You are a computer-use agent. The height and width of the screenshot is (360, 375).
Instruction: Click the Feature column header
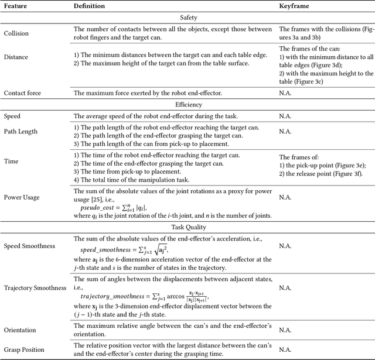tap(17, 5)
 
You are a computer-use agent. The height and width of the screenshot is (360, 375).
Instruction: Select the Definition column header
tap(89, 5)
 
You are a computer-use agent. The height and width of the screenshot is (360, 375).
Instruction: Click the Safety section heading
tap(187, 18)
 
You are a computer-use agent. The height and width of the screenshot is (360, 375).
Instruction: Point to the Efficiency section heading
tap(187, 105)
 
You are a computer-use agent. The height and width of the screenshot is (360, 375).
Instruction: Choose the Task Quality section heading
tap(187, 227)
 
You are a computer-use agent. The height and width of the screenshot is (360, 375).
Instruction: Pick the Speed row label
tap(13, 116)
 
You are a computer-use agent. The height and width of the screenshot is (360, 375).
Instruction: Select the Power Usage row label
tap(22, 197)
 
